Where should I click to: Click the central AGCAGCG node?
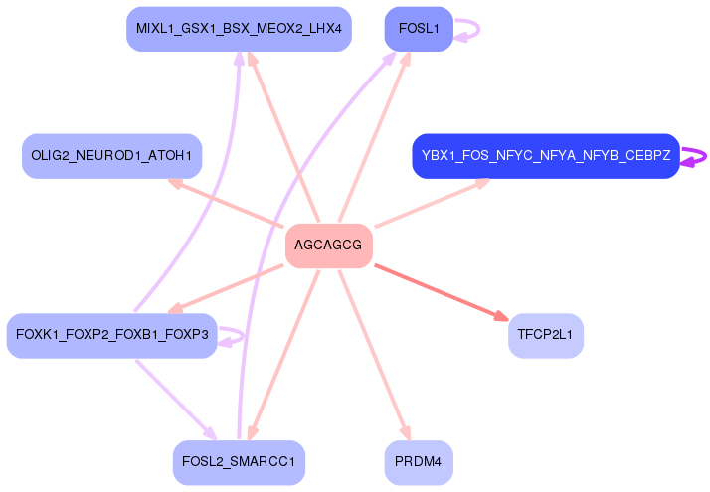tap(329, 246)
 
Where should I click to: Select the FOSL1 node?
tap(419, 29)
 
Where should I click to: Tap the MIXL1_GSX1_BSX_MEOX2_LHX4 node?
tap(239, 29)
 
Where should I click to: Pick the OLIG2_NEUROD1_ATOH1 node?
tap(111, 156)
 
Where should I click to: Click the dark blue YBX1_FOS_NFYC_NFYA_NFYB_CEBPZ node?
tap(546, 156)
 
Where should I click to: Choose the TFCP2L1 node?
tap(546, 336)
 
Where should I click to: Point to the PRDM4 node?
tap(419, 462)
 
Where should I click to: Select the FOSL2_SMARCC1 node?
tap(239, 462)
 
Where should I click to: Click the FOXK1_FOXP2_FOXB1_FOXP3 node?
tap(111, 336)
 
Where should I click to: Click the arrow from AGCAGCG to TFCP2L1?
tap(442, 293)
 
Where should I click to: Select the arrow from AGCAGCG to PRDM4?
tap(375, 355)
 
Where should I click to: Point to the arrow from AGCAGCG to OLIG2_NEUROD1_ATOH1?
tap(226, 203)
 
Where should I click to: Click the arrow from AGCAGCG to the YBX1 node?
tap(433, 203)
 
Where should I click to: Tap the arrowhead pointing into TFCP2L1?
tap(502, 316)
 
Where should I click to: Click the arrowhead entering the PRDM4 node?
tap(406, 433)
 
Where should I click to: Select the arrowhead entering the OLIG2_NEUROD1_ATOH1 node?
tap(175, 183)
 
